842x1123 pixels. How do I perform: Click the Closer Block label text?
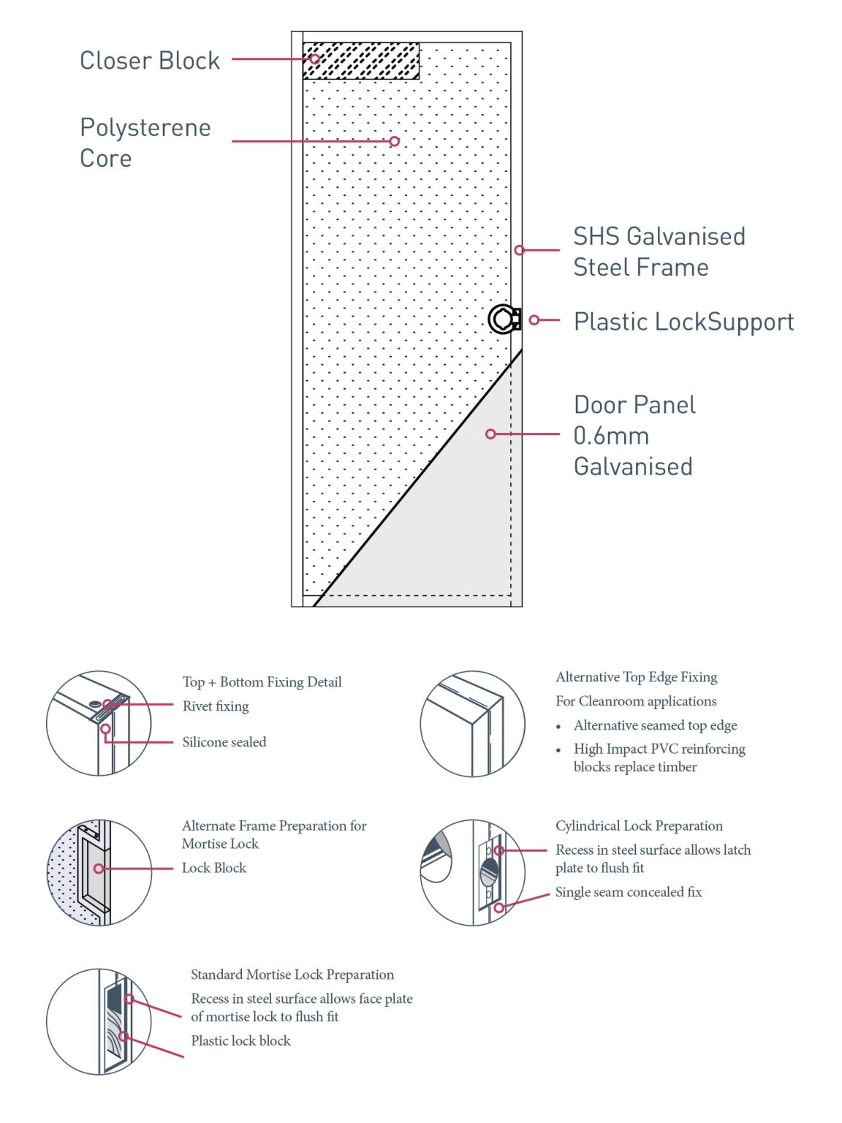149,61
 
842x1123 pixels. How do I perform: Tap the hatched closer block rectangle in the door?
361,61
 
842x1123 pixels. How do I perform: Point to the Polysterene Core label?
145,143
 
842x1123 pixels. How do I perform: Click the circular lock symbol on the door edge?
502,319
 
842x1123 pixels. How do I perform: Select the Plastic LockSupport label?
683,322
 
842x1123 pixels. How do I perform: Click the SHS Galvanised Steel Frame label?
658,252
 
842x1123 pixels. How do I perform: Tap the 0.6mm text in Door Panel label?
611,436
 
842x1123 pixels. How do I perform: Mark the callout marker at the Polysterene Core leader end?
395,141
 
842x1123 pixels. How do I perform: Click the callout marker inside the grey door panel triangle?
491,434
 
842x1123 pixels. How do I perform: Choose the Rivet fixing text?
216,706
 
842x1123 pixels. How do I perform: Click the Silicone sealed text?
224,742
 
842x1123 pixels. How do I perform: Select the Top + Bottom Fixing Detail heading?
262,682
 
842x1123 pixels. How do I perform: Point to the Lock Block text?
214,868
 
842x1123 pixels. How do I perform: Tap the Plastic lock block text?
240,1040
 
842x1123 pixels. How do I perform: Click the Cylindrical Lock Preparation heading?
639,825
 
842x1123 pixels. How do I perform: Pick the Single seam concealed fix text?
629,892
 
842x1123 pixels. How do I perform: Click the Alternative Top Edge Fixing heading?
636,677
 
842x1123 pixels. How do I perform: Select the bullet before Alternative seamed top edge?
559,727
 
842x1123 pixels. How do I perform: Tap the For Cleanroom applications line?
636,701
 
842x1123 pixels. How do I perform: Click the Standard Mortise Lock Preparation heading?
292,975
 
